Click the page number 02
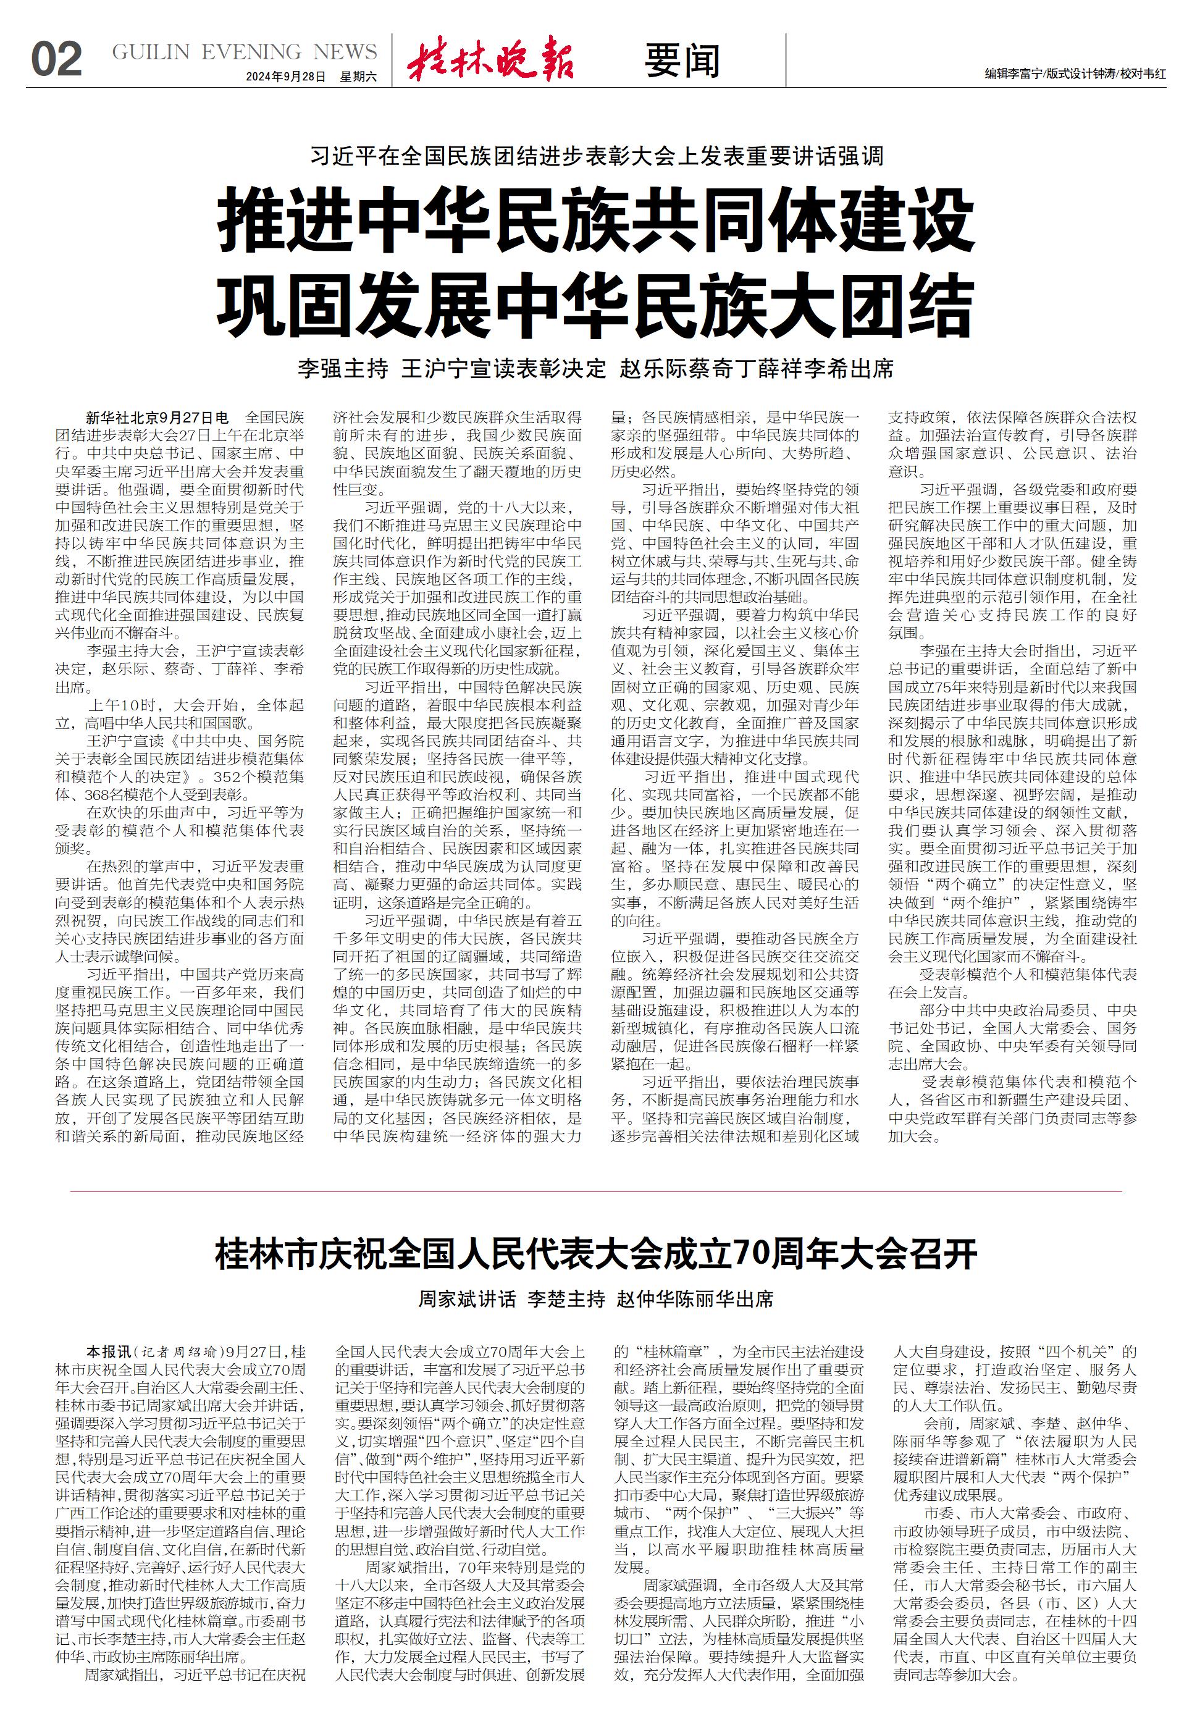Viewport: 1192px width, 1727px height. pos(56,59)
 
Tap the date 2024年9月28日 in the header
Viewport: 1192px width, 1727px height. pos(285,77)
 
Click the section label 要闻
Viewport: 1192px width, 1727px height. pos(682,61)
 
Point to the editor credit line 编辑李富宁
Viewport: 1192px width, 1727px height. pos(1012,74)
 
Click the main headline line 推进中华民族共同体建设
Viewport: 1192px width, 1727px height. pos(595,220)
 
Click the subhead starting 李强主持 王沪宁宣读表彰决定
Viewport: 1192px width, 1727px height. pos(595,368)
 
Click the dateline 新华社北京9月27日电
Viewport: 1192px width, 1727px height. pos(157,417)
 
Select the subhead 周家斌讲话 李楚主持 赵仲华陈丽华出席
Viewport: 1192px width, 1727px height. pos(595,1299)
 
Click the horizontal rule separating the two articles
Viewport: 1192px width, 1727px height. pos(595,1191)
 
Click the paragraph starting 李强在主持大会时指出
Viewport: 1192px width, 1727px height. pos(1012,803)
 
